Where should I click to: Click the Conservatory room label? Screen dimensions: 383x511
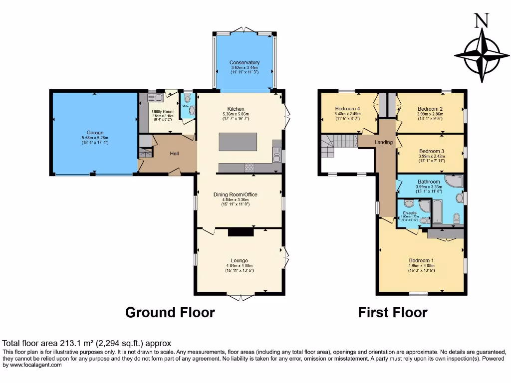point(245,62)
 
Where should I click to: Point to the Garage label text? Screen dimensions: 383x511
point(94,133)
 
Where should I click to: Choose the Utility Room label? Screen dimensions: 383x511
point(163,111)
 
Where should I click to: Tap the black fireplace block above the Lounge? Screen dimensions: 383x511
point(241,232)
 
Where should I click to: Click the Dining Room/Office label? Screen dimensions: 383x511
point(236,194)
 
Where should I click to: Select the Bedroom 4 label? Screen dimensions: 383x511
point(347,109)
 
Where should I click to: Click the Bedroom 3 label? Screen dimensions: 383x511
point(432,151)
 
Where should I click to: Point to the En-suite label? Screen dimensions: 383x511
point(410,213)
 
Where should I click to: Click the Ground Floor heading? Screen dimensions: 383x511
point(170,313)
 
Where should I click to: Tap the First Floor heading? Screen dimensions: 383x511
point(393,313)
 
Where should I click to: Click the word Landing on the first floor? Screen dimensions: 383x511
point(384,142)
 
